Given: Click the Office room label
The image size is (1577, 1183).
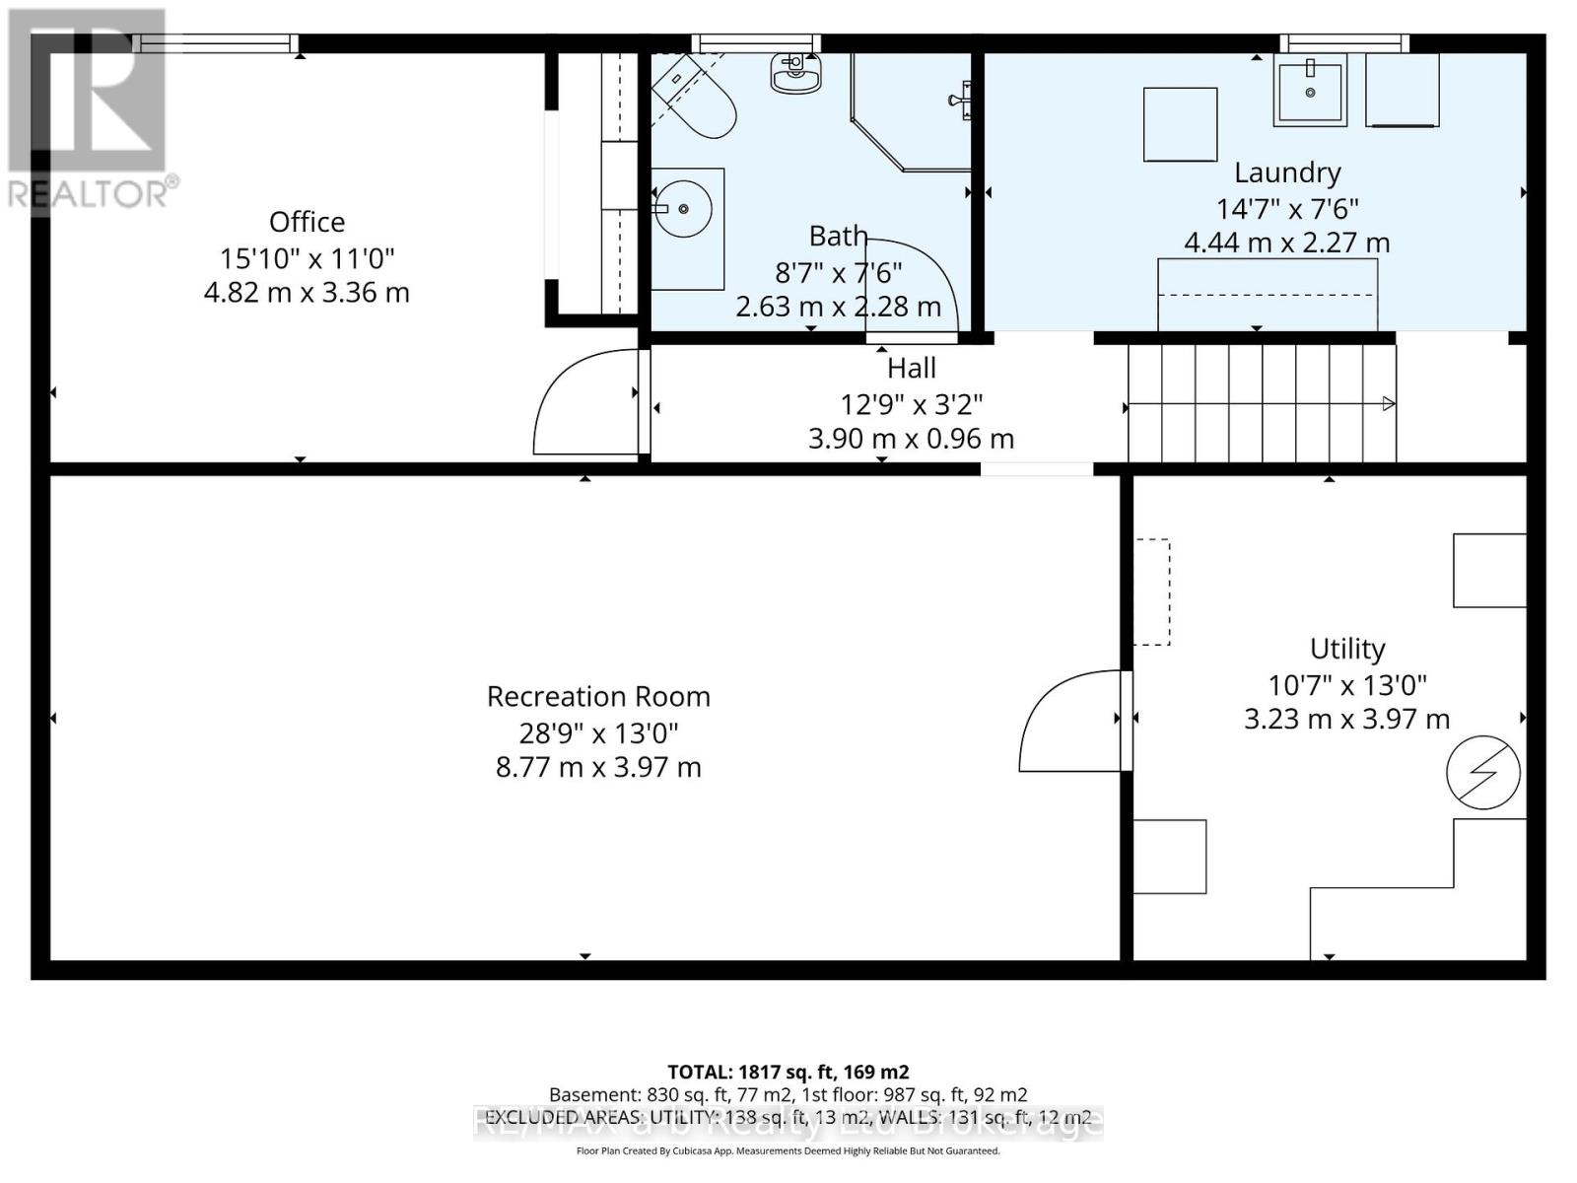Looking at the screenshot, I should point(307,222).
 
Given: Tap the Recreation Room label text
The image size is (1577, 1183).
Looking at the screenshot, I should point(598,697).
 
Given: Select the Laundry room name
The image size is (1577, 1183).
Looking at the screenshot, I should point(1287,173).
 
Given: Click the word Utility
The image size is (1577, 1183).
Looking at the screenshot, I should point(1347,649).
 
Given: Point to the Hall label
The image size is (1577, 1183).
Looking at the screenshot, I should point(911,369).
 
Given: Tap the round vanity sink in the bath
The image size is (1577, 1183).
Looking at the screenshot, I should point(683,209).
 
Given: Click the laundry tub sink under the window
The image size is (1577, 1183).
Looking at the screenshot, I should point(1310,91).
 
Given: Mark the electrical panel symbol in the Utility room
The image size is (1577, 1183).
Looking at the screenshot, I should point(1482,773).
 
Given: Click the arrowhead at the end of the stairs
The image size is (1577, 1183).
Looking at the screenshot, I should point(1389,403).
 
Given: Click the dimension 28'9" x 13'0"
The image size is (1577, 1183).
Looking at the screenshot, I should point(598,733).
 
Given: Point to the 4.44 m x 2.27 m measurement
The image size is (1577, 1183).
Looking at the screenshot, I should point(1286,243).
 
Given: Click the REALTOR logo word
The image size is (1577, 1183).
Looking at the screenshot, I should point(89,193).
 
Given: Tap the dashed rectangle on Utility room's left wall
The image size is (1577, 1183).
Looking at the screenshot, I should point(1152,591).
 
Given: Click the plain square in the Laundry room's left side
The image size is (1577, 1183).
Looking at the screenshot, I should point(1180,124).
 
